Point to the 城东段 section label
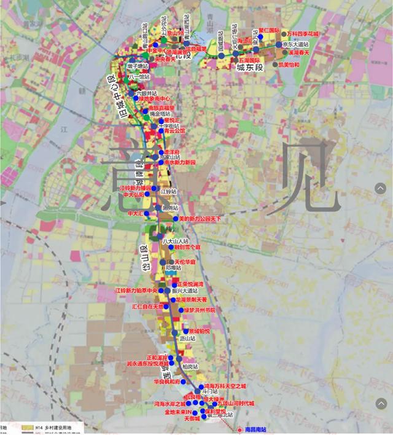coord(250,66)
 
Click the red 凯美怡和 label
coord(289,65)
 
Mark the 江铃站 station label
coord(168,191)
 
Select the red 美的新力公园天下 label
coord(199,218)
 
